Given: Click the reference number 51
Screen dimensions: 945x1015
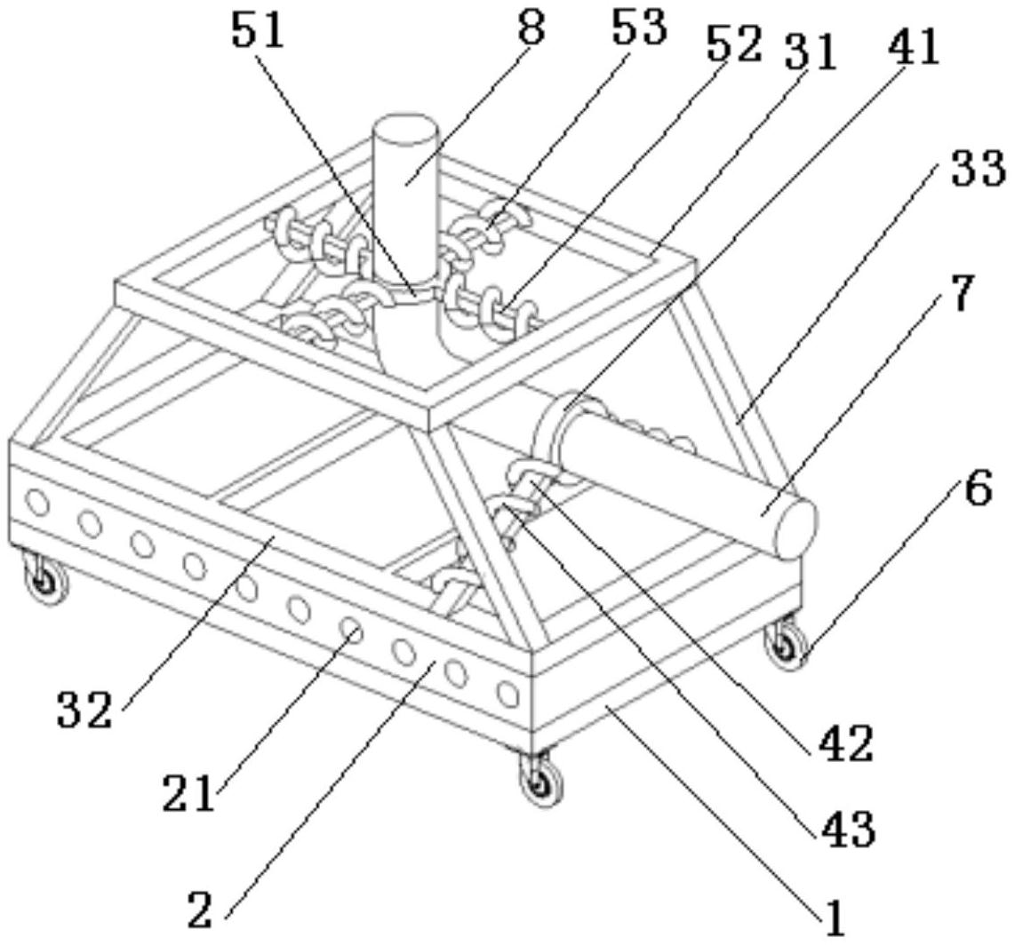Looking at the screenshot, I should coord(257,31).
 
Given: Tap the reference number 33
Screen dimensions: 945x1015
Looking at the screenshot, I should coord(979,169).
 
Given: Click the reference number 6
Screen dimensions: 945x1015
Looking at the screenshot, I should coord(978,489).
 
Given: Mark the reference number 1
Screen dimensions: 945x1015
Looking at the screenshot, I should coord(835,919).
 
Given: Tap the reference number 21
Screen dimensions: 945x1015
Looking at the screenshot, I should coord(188,793).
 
